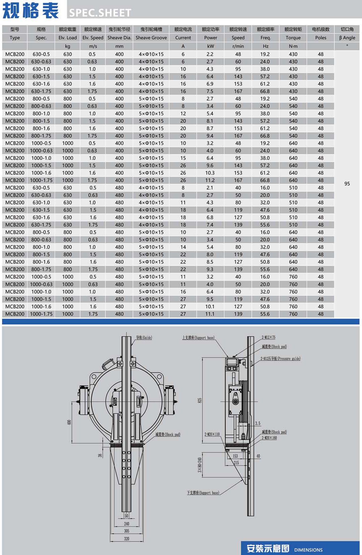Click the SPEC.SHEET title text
click(x=100, y=13)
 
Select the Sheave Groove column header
click(x=151, y=38)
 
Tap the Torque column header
click(x=293, y=38)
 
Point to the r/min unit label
click(x=238, y=46)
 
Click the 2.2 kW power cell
click(x=210, y=54)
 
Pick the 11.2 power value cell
click(x=210, y=180)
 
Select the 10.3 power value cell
click(x=210, y=173)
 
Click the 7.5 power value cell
click(x=210, y=91)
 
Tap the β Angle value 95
click(x=347, y=183)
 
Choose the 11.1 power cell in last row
click(x=210, y=314)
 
